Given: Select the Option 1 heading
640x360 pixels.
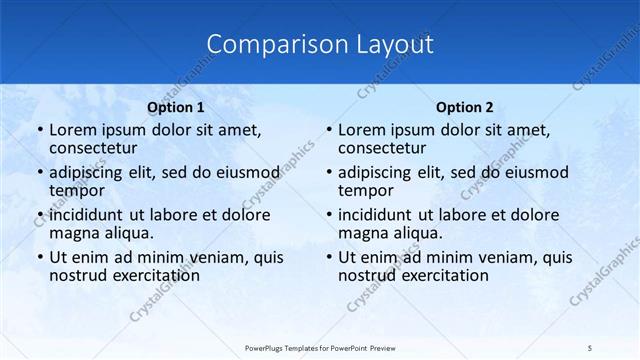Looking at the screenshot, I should pos(176,107).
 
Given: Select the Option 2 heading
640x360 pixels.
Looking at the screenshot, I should pos(465,107).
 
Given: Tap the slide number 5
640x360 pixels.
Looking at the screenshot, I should pos(590,347).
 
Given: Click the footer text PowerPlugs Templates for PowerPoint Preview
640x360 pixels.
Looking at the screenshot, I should pos(319,347).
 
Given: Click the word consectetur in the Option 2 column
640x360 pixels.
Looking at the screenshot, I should pos(384,149).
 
